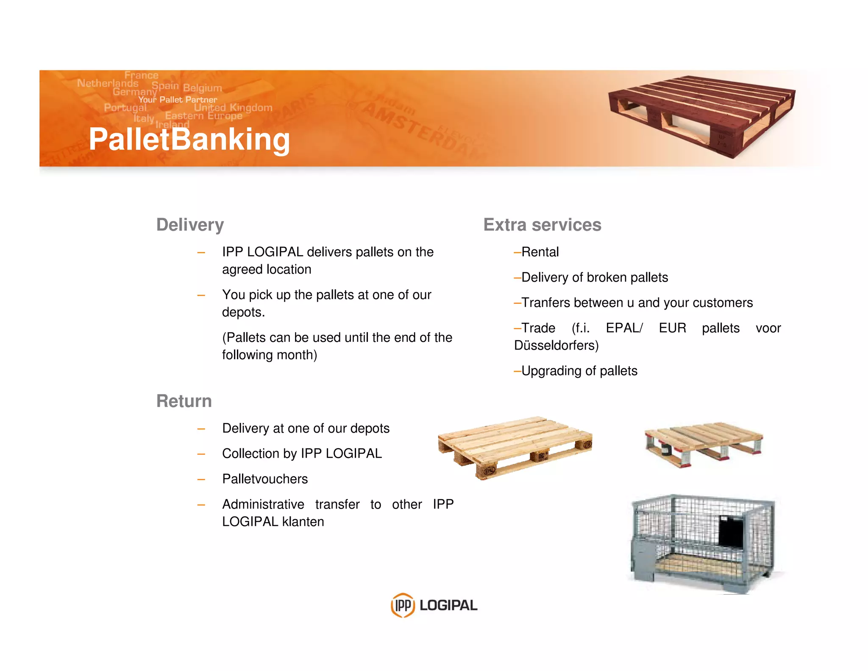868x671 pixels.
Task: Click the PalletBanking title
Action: [189, 139]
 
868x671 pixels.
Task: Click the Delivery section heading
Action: [190, 225]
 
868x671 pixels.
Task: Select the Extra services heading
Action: [542, 225]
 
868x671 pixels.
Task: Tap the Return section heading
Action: [184, 401]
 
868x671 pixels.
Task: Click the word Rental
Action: [540, 252]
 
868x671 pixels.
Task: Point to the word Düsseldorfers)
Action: [556, 345]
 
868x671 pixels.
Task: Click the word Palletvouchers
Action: [265, 479]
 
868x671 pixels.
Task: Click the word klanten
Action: [303, 521]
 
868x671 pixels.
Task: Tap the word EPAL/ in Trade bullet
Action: [624, 328]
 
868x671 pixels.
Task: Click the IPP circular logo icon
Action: [402, 605]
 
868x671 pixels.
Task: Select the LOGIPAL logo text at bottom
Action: [448, 605]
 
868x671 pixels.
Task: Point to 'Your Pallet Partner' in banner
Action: [178, 100]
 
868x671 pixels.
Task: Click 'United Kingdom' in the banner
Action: [233, 108]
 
